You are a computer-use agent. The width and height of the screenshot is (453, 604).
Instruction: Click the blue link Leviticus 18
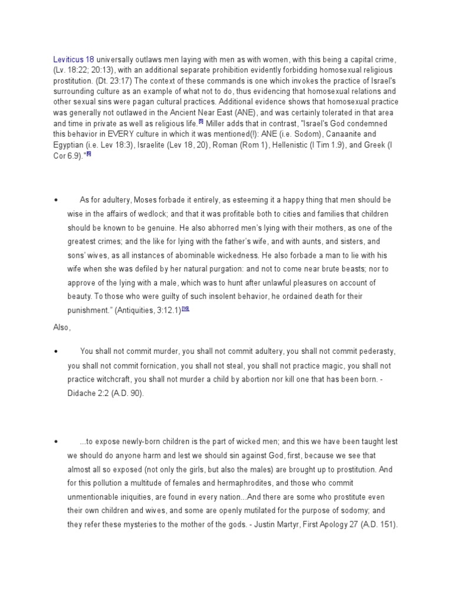74,60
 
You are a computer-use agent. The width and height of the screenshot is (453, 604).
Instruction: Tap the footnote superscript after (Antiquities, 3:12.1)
185,308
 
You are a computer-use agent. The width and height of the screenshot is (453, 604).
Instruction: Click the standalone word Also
62,326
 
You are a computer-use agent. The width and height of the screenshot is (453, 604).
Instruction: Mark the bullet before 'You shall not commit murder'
56,352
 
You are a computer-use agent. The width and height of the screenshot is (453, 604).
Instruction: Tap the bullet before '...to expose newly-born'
56,442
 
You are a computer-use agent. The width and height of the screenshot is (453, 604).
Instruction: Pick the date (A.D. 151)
377,523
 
